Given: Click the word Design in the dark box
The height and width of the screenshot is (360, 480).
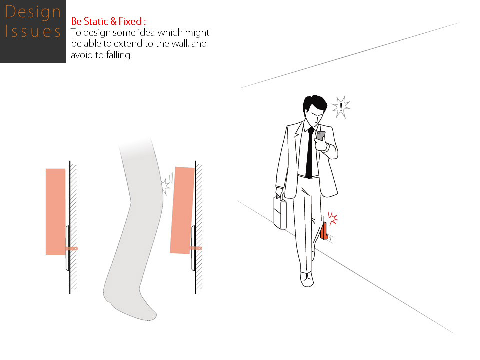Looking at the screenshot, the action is point(33,12).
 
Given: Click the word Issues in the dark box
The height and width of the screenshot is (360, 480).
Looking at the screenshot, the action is point(33,31).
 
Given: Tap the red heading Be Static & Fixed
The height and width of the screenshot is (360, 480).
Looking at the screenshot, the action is point(108,21).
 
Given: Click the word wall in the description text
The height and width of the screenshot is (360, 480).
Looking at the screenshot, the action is point(180,44).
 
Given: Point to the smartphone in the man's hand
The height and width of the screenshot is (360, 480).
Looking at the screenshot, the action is point(321,135).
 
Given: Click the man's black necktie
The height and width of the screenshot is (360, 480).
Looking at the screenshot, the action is point(310,153).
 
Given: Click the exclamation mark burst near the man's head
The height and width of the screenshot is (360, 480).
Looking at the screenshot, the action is point(341,107).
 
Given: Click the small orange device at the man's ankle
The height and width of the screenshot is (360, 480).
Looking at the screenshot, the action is point(324,231).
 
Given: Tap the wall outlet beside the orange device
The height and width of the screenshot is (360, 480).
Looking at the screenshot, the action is point(330,239).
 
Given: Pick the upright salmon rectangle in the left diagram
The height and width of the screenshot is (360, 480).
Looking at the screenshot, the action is point(55,212).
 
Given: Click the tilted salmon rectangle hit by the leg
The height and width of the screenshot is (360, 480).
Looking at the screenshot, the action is point(182,210).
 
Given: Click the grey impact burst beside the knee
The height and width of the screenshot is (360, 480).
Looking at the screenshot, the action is point(167,183).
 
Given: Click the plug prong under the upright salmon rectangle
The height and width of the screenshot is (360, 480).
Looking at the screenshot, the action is point(71,248).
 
